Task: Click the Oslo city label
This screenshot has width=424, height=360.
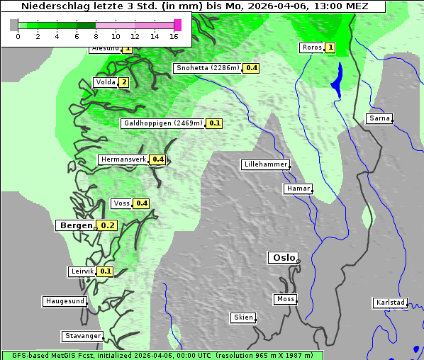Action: pos(283,257)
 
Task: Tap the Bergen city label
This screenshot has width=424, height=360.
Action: pos(74,225)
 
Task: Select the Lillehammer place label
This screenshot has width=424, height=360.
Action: pos(265,164)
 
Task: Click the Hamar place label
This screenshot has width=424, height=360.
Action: pos(297,189)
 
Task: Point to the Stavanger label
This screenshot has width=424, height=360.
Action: pos(82,336)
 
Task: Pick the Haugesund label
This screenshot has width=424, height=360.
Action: pos(65,301)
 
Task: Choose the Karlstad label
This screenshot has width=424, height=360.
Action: pos(390,303)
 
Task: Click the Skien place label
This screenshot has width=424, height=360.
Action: pos(242,317)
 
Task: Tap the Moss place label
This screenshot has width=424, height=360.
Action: pos(284,299)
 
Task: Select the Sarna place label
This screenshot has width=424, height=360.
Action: pos(379,118)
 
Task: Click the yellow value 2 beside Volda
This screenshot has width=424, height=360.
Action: pos(124,82)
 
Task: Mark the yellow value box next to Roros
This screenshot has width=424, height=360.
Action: pos(330,47)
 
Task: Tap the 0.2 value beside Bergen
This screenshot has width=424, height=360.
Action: pos(107,225)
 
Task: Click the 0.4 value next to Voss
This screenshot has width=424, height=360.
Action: pos(142,203)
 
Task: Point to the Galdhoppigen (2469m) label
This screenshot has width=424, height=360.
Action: pos(163,123)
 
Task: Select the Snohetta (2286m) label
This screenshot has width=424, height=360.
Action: pos(207,68)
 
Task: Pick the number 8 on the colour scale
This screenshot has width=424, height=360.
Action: pos(96,36)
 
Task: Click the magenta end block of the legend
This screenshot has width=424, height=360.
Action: pos(177,25)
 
